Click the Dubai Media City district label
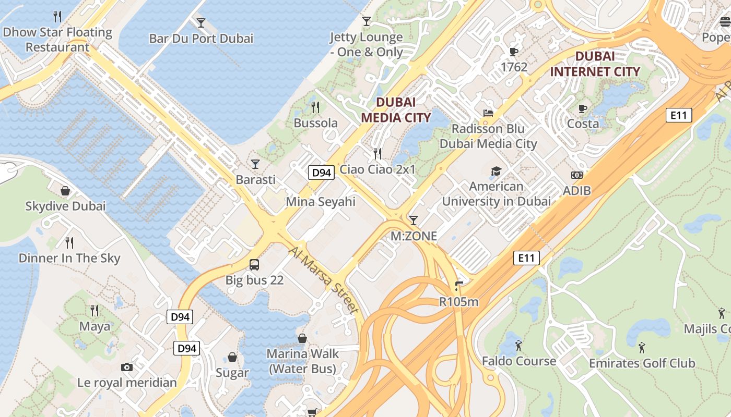click(396, 110)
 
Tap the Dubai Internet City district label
click(595, 64)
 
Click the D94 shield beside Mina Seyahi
click(321, 173)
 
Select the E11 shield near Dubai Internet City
click(678, 115)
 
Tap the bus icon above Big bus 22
click(254, 265)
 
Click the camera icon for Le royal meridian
click(126, 367)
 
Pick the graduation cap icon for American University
click(496, 171)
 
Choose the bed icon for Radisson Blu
click(488, 113)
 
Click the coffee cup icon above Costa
click(583, 108)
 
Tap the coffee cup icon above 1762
click(514, 52)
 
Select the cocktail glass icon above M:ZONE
click(414, 220)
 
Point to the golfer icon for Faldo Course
click(518, 346)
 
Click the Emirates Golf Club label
click(642, 363)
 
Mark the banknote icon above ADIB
click(576, 175)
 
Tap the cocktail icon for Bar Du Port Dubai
click(201, 22)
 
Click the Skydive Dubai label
click(65, 206)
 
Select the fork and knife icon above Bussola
click(315, 107)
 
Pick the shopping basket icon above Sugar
click(232, 357)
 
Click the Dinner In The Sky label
click(69, 258)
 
